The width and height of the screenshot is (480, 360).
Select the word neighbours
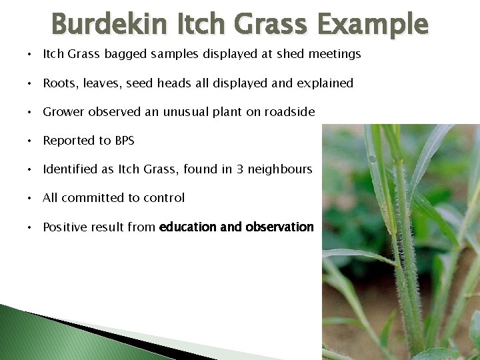(280, 169)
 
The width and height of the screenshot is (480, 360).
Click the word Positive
(64, 227)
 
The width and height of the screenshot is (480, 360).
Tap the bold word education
(187, 227)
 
